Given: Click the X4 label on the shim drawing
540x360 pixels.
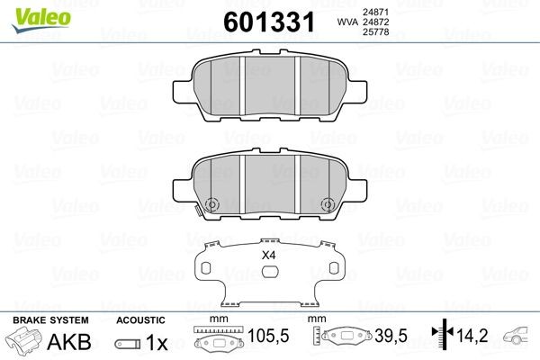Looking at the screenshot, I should [267, 255].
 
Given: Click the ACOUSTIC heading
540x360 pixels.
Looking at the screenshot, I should [140, 320].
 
